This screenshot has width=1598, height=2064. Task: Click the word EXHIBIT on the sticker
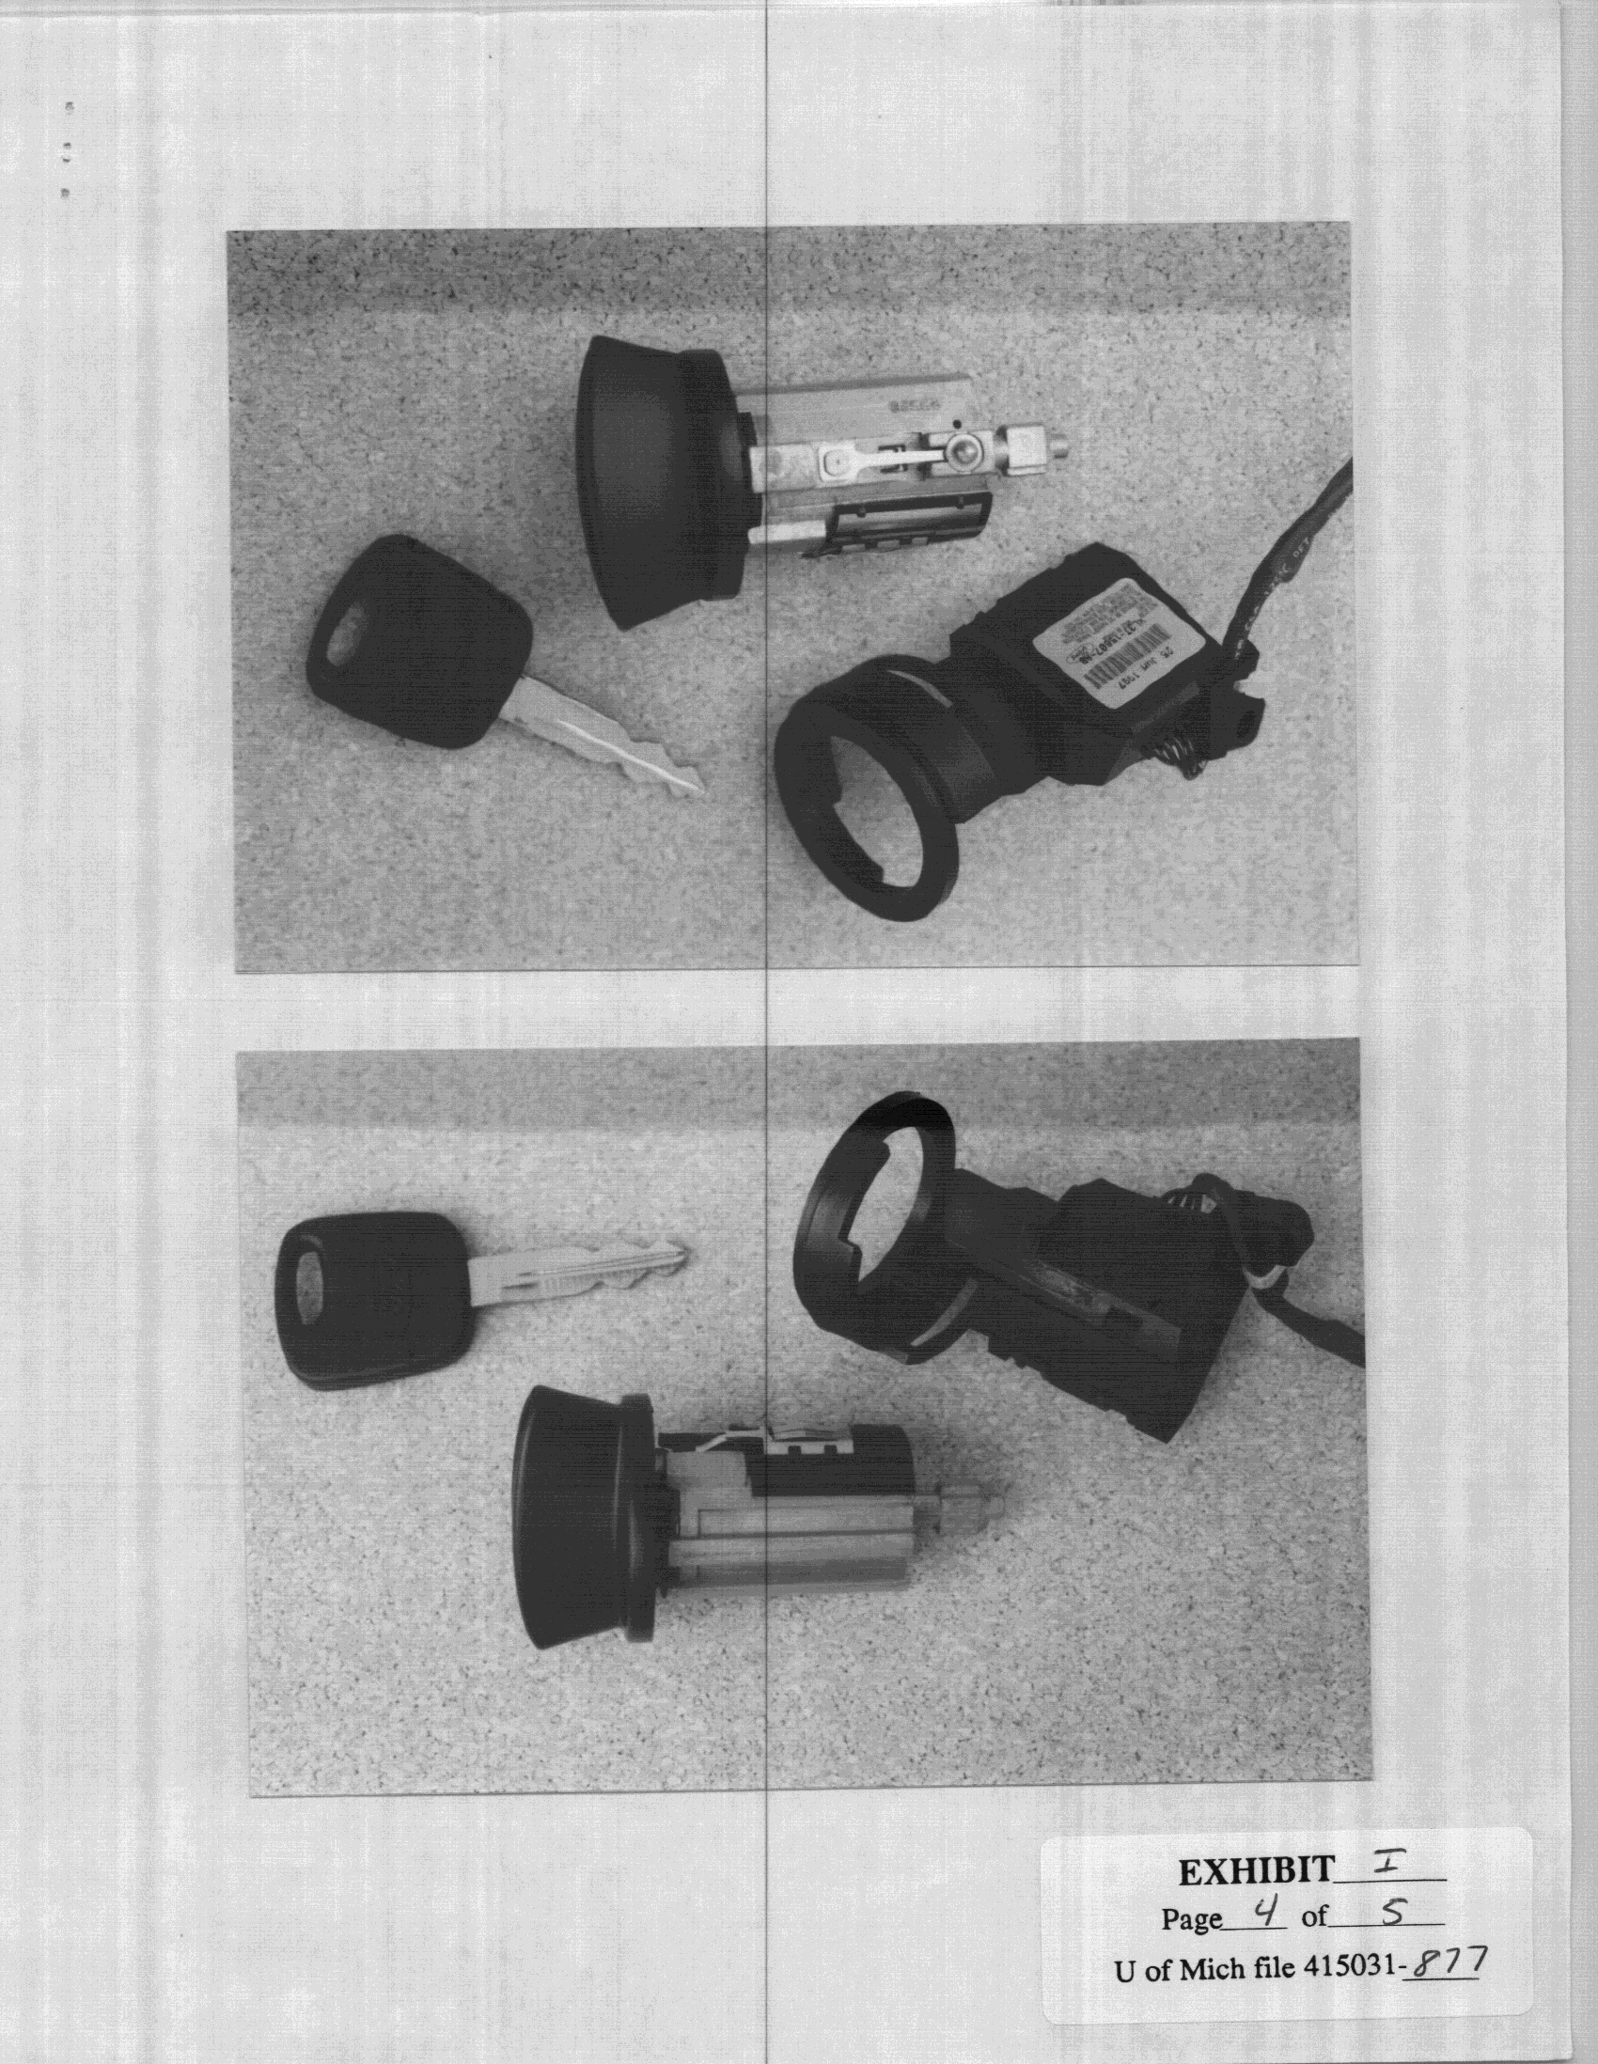[1256, 1870]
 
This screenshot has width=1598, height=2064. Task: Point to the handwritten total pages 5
[1392, 1914]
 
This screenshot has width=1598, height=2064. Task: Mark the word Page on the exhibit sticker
[1190, 1918]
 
